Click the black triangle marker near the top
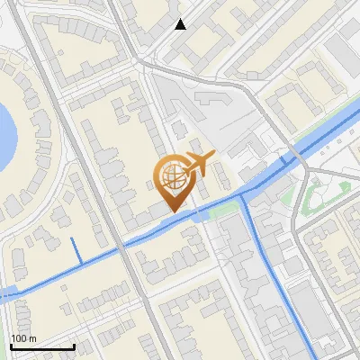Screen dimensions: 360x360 tap(181, 24)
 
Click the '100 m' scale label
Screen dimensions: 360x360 tap(23, 337)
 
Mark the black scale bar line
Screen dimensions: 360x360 tap(41, 346)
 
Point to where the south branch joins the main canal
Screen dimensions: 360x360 tap(246, 195)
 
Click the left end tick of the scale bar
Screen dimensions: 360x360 tap(11, 345)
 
